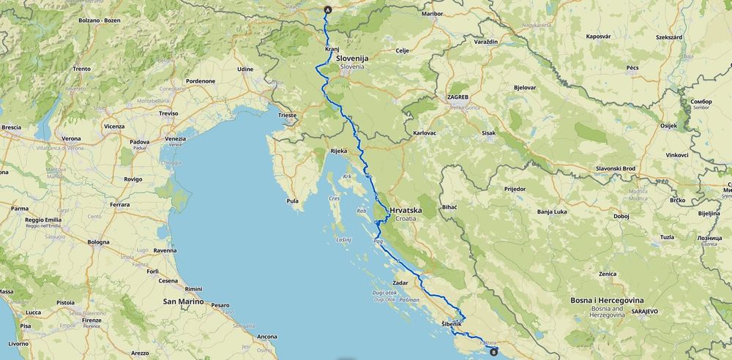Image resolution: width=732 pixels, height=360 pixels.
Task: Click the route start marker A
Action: click(x=327, y=10)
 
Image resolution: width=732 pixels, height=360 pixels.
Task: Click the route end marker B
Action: click(x=493, y=353)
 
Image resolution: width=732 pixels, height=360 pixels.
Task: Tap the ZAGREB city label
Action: click(x=457, y=97)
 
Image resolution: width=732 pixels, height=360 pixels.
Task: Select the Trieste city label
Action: click(x=288, y=115)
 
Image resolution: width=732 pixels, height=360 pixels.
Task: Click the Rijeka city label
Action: click(x=338, y=151)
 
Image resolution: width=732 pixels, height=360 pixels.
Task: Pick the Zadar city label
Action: click(x=400, y=282)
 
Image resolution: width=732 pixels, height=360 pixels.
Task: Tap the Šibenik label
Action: click(x=452, y=323)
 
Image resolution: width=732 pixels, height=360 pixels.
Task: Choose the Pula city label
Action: click(x=293, y=200)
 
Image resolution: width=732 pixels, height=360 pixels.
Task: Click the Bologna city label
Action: click(x=98, y=241)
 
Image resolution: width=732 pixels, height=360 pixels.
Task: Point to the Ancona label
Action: click(x=266, y=337)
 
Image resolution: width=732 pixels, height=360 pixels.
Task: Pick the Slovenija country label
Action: click(x=352, y=58)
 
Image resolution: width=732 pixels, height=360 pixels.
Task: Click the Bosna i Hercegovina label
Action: click(x=607, y=300)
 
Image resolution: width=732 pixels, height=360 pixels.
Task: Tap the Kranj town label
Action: click(x=332, y=49)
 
